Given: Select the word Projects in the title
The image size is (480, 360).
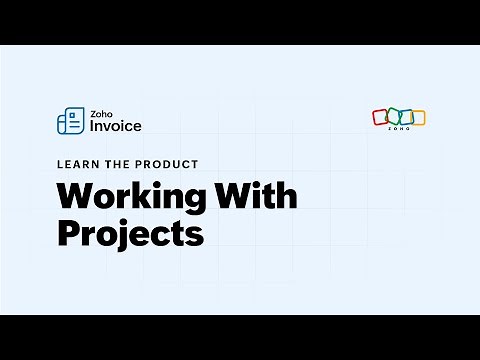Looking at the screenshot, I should [130, 233].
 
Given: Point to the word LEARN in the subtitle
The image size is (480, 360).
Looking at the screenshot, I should [75, 164].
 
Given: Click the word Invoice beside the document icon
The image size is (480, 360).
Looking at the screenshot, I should [115, 126].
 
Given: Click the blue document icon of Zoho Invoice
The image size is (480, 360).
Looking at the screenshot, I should [70, 120].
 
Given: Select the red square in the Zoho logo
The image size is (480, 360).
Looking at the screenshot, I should [380, 117].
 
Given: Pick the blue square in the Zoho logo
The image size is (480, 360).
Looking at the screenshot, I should [405, 117].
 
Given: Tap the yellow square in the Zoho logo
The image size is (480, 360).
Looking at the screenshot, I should [418, 117].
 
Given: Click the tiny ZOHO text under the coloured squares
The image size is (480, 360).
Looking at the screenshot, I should [399, 130].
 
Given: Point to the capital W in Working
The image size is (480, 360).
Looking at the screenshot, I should [73, 195].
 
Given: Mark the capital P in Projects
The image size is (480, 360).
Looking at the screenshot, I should [68, 233].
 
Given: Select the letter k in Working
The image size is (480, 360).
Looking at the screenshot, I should [137, 195].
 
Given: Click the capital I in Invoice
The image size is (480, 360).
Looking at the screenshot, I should [92, 126].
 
